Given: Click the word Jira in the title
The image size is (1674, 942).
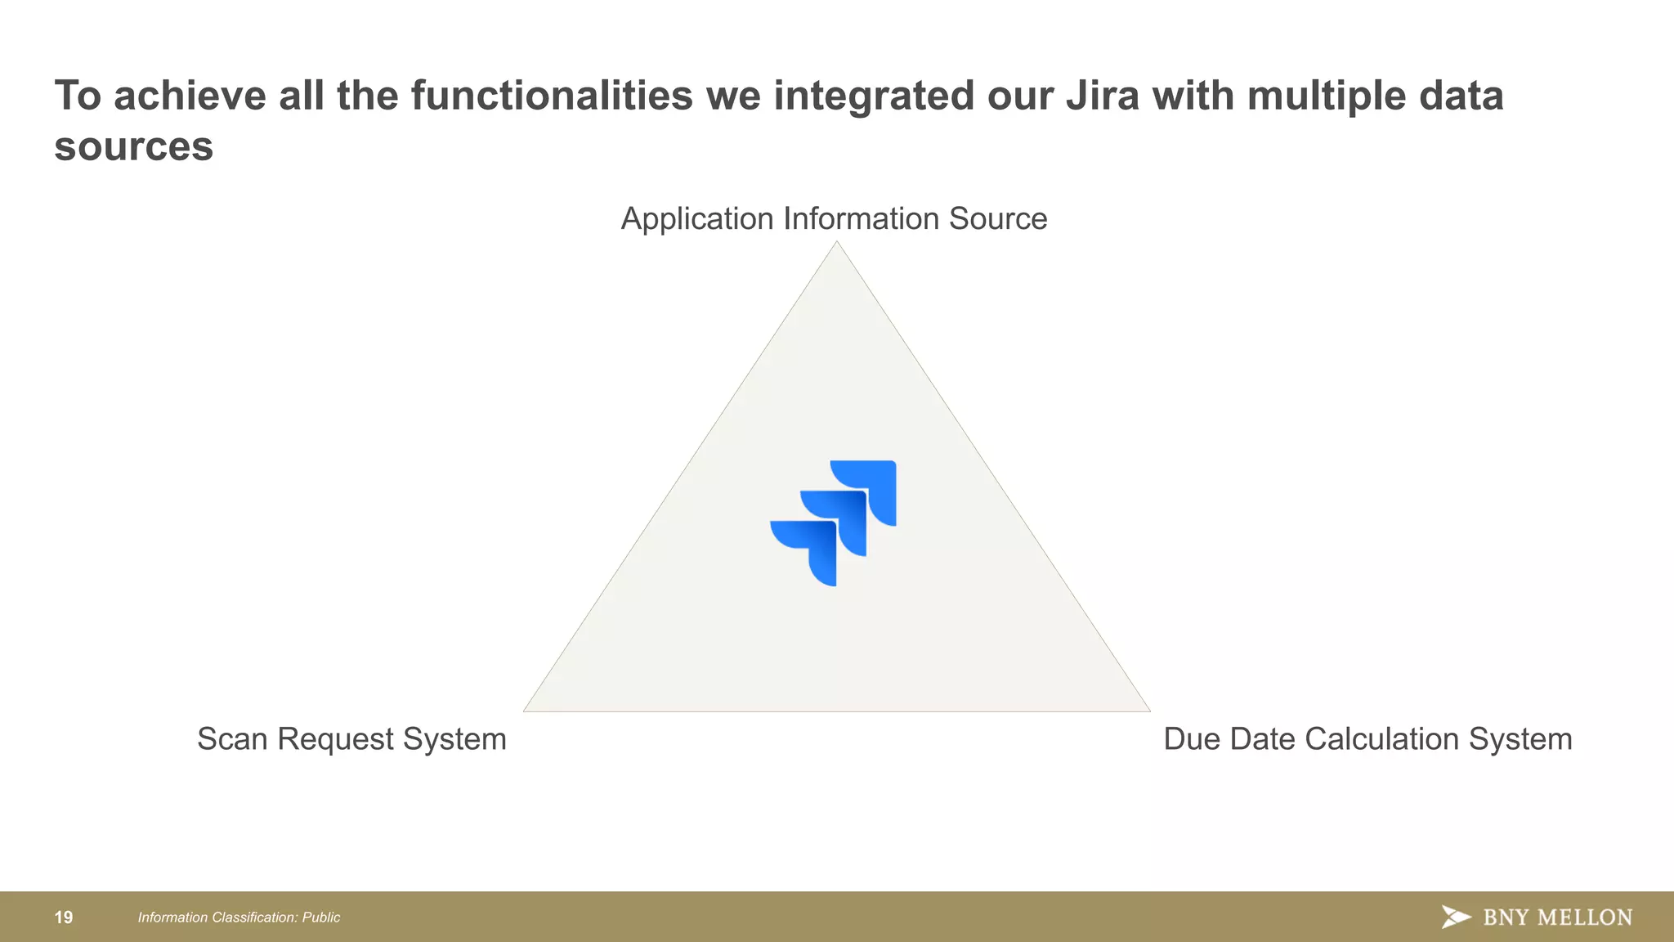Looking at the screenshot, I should point(1102,96).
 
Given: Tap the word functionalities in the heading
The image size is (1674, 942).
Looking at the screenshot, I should point(551,96).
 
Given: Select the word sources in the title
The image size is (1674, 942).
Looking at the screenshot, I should point(133,147).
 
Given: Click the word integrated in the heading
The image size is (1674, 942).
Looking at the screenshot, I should point(874,96).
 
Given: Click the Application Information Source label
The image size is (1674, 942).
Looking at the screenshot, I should point(834,219).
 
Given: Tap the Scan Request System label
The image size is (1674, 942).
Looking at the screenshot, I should point(351,739).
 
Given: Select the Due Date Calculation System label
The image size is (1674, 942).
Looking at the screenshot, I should point(1367,739).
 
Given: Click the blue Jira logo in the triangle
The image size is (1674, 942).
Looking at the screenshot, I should point(834,523).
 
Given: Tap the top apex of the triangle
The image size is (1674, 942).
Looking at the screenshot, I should point(836,244).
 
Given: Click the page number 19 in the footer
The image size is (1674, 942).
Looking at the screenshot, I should point(64,917).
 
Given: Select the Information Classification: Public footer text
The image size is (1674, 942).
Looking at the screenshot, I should point(239,917).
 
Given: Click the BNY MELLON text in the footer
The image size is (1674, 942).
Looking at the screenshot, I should point(1557,917).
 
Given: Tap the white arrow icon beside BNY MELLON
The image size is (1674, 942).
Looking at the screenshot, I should point(1456,917).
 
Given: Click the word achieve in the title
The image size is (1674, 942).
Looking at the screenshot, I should point(190,96).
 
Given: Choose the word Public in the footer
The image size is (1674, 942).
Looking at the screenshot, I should point(321,917).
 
